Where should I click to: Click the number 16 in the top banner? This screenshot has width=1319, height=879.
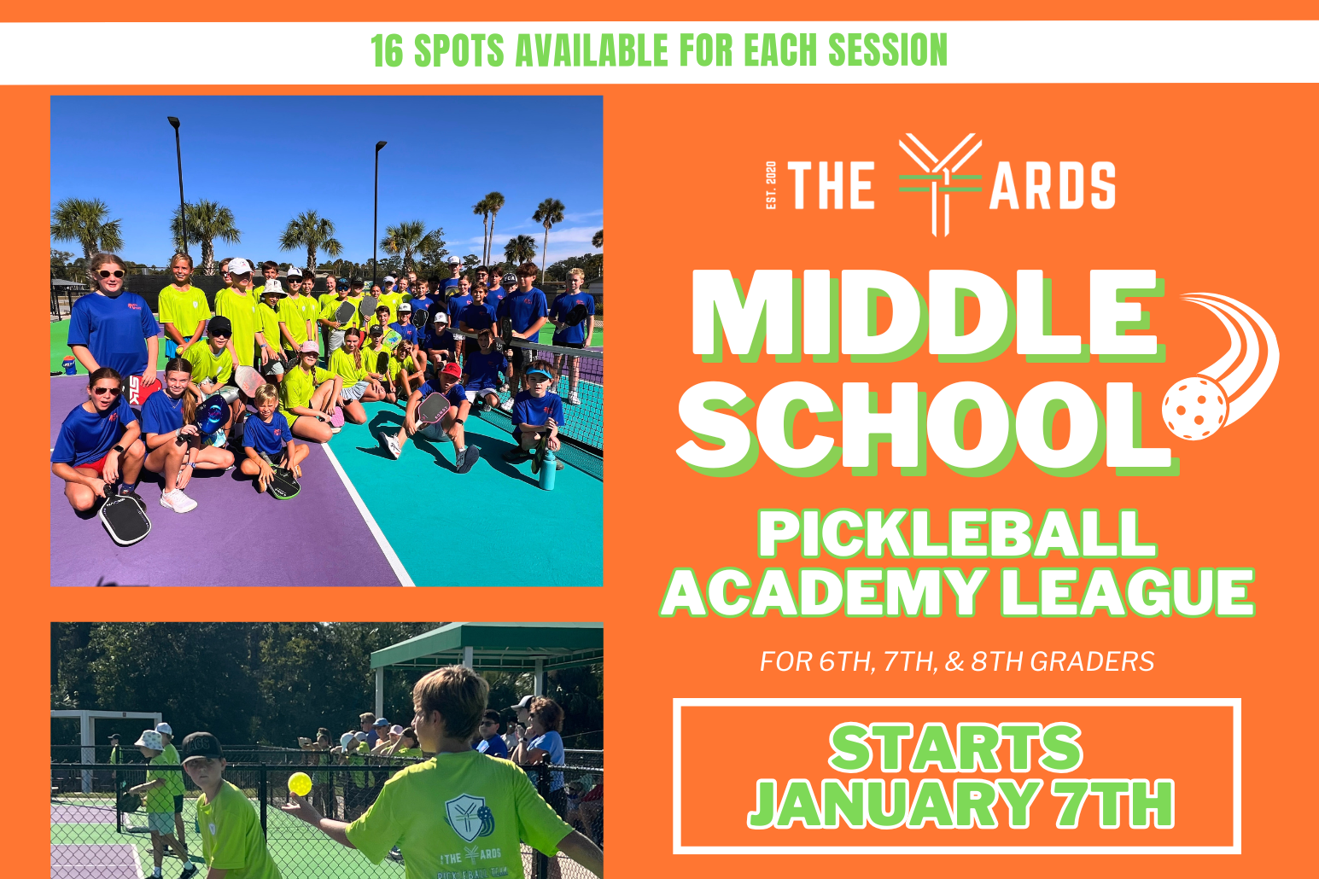pyautogui.click(x=386, y=51)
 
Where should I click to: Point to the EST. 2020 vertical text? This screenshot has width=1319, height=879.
pyautogui.click(x=771, y=185)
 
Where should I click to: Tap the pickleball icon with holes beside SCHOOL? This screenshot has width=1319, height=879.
pyautogui.click(x=1195, y=408)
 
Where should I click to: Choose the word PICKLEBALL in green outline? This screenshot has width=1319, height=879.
pyautogui.click(x=956, y=536)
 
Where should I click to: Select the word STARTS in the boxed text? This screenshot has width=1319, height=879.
pyautogui.click(x=956, y=748)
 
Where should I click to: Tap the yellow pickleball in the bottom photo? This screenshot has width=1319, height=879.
pyautogui.click(x=300, y=782)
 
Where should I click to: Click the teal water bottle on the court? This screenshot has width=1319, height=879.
pyautogui.click(x=547, y=469)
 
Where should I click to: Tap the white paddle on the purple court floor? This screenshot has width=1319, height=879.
pyautogui.click(x=125, y=517)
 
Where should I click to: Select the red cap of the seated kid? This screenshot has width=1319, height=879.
pyautogui.click(x=451, y=370)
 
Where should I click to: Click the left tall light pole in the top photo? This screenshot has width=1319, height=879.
pyautogui.click(x=179, y=183)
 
